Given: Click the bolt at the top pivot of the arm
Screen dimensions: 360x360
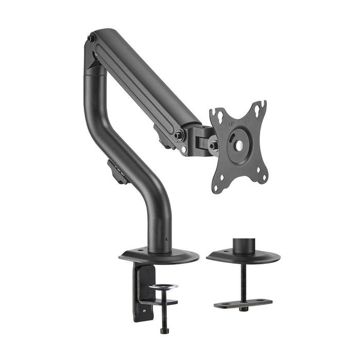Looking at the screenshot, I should [x=91, y=39].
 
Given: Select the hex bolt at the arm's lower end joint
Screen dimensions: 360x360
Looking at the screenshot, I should [x=178, y=135].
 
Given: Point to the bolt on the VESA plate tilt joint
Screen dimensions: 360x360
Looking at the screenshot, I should [x=212, y=146].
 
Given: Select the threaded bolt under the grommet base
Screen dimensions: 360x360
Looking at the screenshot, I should [x=243, y=280].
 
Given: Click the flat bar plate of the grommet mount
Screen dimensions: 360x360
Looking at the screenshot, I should [x=243, y=303].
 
